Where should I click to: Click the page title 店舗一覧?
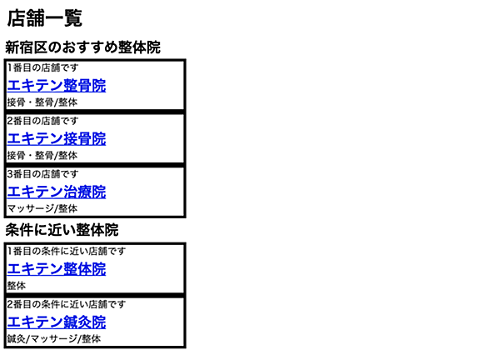tap(45, 18)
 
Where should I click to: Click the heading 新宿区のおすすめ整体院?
tap(82, 47)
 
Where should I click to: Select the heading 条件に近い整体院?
tap(62, 230)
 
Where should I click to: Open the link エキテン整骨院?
tap(57, 85)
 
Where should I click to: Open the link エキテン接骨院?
tap(57, 138)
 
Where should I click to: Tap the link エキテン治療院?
tap(57, 192)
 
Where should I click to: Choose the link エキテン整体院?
tap(57, 269)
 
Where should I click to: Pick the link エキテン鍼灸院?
tap(57, 322)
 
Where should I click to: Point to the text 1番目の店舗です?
tap(42, 67)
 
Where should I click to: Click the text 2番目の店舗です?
tap(42, 121)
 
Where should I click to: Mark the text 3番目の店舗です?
tap(42, 174)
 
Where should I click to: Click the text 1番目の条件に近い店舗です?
tap(67, 251)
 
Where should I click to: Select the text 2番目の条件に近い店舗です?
tap(67, 304)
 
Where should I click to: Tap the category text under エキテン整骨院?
tap(42, 102)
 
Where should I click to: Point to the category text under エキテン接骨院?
tap(42, 155)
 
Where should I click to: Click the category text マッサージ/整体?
tap(42, 208)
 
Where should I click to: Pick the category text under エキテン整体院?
tap(17, 286)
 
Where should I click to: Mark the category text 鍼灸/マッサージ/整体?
tap(54, 338)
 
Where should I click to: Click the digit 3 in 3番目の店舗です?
tap(10, 174)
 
